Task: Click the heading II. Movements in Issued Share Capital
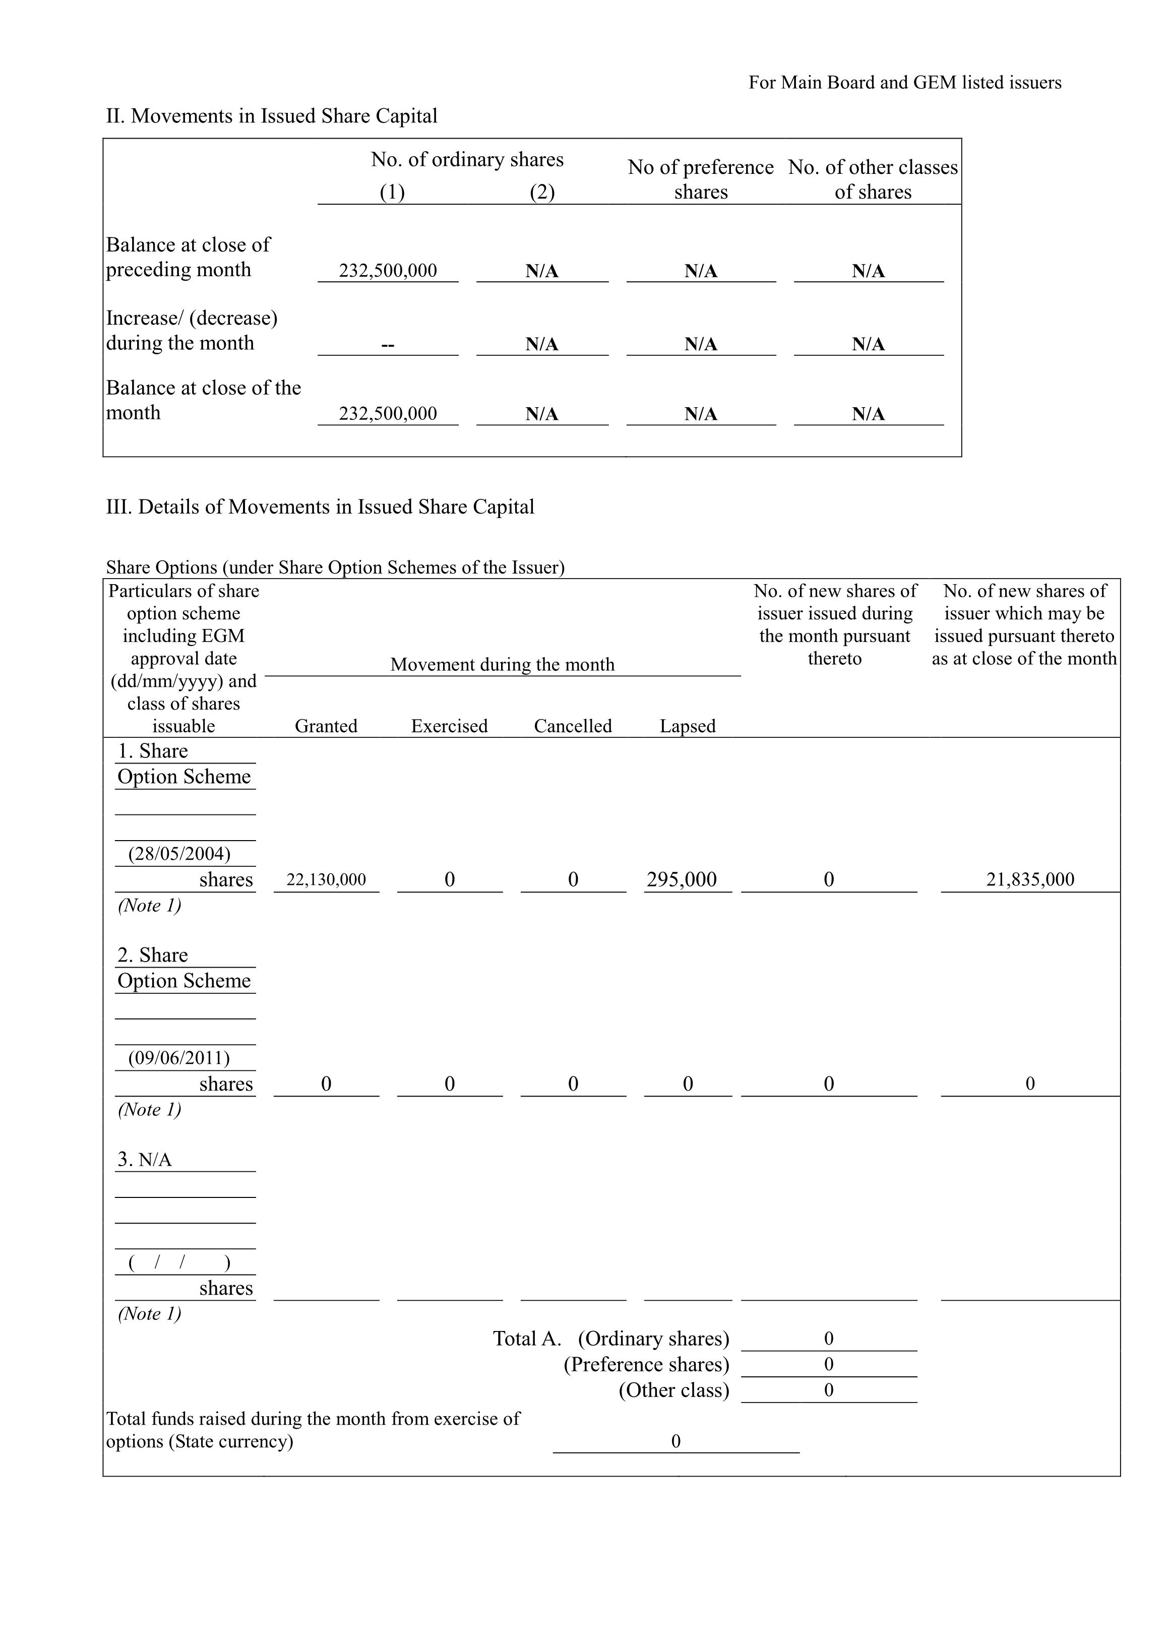pos(271,116)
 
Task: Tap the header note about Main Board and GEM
pos(904,83)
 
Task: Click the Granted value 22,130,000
pos(326,879)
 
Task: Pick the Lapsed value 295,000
pos(682,879)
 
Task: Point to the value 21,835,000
pos(1029,879)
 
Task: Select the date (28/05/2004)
pos(179,854)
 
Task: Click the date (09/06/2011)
pos(179,1058)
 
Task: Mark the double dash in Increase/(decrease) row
pos(388,344)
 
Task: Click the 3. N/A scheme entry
pos(145,1160)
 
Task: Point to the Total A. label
pos(526,1339)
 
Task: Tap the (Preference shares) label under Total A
pos(646,1365)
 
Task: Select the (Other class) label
pos(673,1390)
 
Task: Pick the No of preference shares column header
pos(700,179)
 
